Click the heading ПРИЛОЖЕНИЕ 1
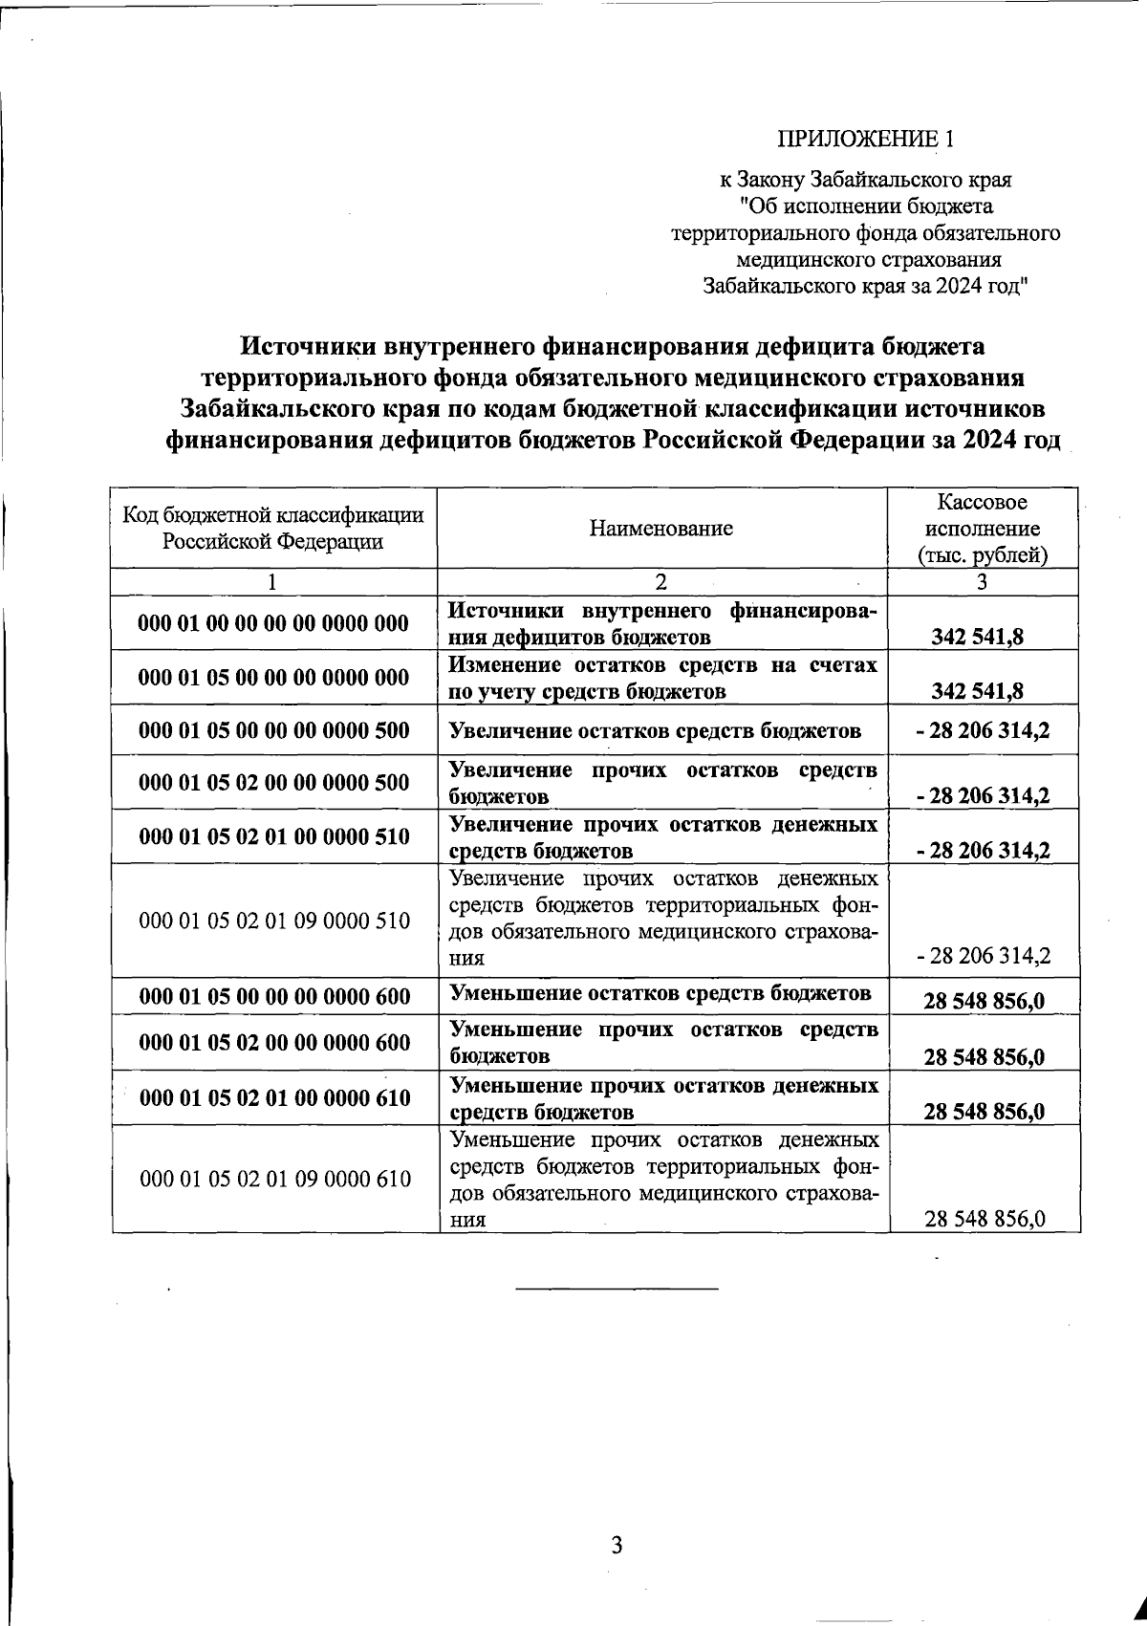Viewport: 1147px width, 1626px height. (x=865, y=140)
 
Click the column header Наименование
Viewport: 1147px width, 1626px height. (x=661, y=529)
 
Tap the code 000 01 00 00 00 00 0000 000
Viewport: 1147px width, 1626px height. (x=273, y=623)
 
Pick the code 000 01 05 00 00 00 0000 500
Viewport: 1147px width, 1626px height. (x=273, y=731)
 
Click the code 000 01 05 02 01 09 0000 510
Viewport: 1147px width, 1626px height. (x=274, y=921)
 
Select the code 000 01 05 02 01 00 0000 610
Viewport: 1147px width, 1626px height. (x=274, y=1097)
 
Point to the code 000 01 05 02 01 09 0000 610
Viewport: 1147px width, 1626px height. (x=274, y=1179)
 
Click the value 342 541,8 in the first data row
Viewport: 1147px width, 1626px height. (x=977, y=637)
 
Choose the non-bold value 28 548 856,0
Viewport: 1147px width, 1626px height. (x=985, y=1219)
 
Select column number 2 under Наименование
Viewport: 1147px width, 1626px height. (x=661, y=582)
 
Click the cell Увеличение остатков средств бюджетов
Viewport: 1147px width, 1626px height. (x=655, y=731)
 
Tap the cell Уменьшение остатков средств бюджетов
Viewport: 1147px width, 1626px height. (x=660, y=994)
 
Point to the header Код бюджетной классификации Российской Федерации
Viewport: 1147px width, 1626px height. (x=273, y=529)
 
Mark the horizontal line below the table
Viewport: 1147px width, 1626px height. (x=616, y=1289)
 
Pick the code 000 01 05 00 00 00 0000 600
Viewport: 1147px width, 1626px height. (x=274, y=996)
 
